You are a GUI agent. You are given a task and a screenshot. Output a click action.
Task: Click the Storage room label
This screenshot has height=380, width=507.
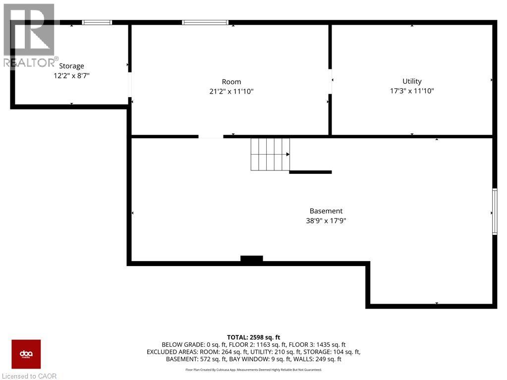tap(71, 66)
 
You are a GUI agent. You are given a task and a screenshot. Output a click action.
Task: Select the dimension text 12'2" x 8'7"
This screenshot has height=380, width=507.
tap(71, 76)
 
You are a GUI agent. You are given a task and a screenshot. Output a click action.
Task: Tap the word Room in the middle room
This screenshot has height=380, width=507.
tap(231, 82)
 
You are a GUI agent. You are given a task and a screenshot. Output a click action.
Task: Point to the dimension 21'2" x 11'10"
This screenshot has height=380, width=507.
tap(231, 91)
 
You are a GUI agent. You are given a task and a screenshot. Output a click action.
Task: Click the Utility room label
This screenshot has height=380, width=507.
tap(412, 81)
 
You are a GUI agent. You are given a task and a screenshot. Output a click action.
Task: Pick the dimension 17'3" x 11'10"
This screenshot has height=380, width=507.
tap(412, 91)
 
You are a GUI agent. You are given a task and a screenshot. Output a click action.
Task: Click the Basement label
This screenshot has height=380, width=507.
tap(326, 211)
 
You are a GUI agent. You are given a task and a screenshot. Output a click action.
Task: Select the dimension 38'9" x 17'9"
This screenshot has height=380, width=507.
tap(326, 221)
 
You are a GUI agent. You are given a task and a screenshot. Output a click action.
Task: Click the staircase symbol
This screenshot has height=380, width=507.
tap(270, 154)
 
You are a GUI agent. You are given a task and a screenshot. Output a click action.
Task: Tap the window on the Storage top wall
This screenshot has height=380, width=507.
tap(97, 22)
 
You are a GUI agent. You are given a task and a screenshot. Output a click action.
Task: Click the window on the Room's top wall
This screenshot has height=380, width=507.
tap(205, 22)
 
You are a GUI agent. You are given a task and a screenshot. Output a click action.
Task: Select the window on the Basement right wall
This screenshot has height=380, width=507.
tap(494, 211)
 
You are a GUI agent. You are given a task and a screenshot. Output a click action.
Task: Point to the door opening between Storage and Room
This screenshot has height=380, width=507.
tap(130, 85)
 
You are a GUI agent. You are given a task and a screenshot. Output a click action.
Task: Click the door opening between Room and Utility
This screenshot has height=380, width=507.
tap(330, 81)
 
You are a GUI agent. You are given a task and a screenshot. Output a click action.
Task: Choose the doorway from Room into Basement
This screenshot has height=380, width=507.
tap(211, 136)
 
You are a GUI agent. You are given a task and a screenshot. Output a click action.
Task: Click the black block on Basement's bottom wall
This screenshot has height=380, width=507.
tap(252, 259)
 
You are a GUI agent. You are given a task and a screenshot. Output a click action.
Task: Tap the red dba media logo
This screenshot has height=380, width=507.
tap(26, 354)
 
